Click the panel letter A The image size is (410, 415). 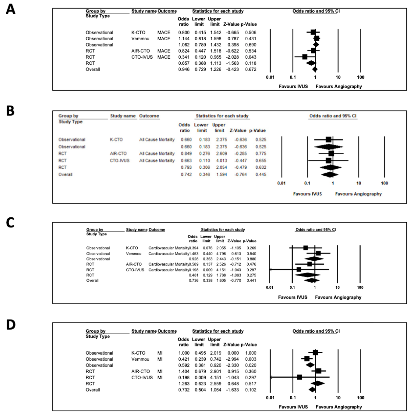[x=11, y=9]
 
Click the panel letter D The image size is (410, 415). [x=11, y=325]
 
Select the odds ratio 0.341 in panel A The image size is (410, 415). [x=184, y=57]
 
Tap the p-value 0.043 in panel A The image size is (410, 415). [x=250, y=57]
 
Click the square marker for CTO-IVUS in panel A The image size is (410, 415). [x=304, y=57]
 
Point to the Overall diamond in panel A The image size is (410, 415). [x=315, y=69]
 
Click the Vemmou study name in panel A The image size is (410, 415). [x=140, y=39]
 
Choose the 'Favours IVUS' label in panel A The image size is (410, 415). [x=293, y=86]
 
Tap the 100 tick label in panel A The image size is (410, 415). [x=360, y=77]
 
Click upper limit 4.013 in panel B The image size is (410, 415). [x=221, y=161]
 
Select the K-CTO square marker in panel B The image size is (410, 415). [x=328, y=140]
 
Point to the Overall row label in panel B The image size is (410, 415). [x=65, y=174]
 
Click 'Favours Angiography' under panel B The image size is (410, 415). [x=358, y=194]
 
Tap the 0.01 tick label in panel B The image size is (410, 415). [x=281, y=183]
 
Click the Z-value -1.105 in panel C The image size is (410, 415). [x=235, y=248]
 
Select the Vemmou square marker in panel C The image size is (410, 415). [x=318, y=254]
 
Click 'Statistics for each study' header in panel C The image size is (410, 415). [x=223, y=230]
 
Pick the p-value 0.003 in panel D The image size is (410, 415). [x=250, y=359]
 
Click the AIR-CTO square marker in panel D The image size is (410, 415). [x=318, y=371]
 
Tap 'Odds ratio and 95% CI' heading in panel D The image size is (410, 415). [x=316, y=331]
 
